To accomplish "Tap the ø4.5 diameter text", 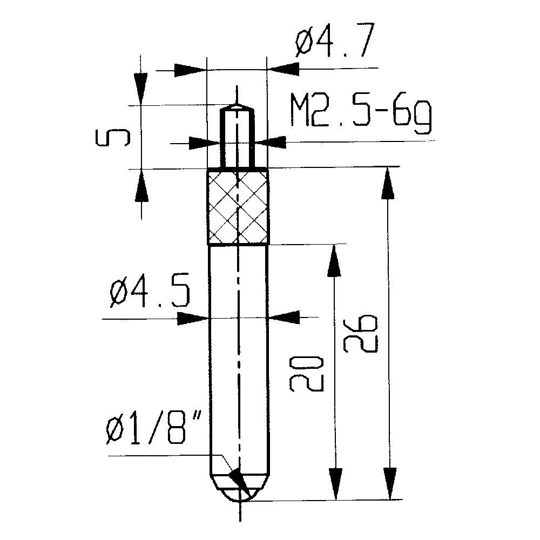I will [x=150, y=295].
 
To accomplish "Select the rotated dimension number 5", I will [x=112, y=138].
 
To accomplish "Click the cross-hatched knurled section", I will [x=238, y=207].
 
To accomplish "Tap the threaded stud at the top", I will [x=236, y=138].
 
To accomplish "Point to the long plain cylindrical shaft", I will [x=238, y=351].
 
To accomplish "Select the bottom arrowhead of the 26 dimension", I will [x=388, y=483].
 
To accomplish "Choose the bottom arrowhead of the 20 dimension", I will [x=335, y=483].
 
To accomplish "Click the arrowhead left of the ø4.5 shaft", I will [x=194, y=319].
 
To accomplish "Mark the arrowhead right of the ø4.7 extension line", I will [x=283, y=69].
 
